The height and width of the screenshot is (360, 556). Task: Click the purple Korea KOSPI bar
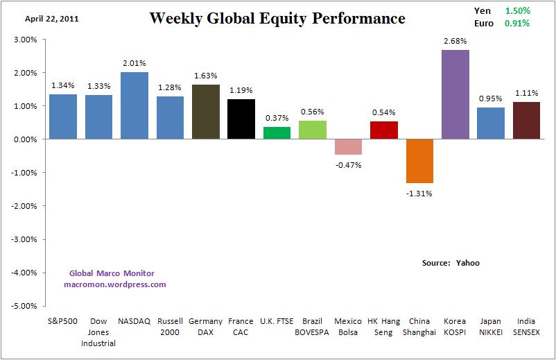[455, 94]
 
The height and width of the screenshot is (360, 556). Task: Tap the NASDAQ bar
[134, 105]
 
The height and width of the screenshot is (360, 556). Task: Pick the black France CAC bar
[241, 119]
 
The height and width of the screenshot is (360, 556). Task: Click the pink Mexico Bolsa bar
[348, 147]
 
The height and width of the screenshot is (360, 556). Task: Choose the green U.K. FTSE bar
[277, 133]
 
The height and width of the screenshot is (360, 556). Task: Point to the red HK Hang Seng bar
[384, 130]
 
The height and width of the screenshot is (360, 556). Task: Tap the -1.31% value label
[419, 194]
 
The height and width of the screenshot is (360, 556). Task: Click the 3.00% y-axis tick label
[24, 40]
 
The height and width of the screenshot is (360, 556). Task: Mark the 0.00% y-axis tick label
[24, 139]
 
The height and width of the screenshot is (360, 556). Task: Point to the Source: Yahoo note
[451, 263]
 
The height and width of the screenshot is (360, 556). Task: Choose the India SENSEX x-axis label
[526, 327]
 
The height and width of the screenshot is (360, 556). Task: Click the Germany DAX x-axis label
[206, 327]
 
